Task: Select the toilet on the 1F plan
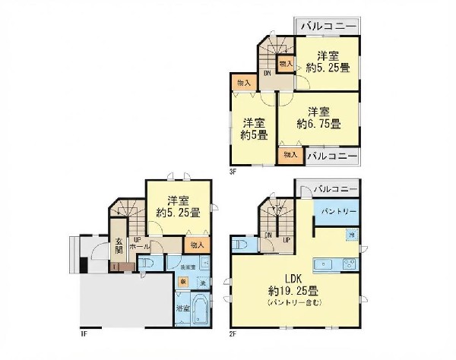coord(150,262)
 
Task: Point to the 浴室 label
coord(182,308)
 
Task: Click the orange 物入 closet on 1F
coord(197,245)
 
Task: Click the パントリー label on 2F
coord(334,211)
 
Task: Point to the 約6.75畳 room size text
coord(318,123)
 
